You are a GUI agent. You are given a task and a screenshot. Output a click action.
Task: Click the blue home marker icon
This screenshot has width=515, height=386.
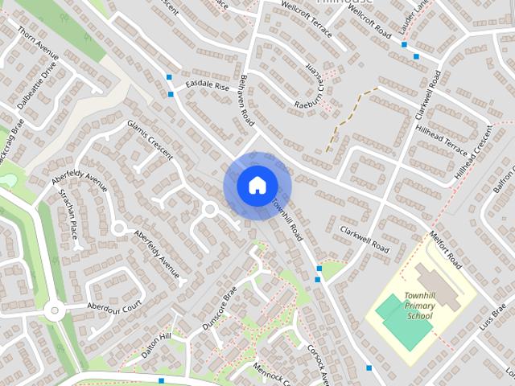click(256, 186)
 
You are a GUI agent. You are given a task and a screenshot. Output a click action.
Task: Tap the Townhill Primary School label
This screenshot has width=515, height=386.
click(419, 306)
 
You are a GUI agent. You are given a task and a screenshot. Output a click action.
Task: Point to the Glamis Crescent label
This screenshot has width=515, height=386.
click(150, 140)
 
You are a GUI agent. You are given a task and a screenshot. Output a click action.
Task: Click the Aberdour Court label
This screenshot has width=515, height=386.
click(114, 305)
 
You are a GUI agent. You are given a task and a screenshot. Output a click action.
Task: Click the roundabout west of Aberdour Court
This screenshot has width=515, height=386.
click(54, 309)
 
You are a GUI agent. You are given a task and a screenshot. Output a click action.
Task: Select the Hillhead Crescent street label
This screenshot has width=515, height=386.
click(474, 152)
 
